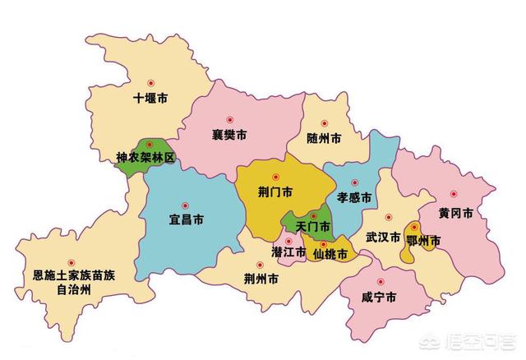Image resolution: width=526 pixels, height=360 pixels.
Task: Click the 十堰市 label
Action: coord(150,99)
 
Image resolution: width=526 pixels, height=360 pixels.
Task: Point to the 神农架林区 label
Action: coord(145,156)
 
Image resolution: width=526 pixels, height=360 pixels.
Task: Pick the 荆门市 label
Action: coord(275,192)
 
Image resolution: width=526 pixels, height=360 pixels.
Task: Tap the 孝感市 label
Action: coord(354,198)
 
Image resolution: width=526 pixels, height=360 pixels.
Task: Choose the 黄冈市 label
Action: coord(455,213)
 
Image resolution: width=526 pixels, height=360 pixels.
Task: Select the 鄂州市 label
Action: coord(425,240)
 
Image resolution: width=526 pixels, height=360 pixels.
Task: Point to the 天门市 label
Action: coord(312,225)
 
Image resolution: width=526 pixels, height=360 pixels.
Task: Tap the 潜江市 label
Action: coord(289,251)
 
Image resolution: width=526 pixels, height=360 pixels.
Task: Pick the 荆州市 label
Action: coord(261,279)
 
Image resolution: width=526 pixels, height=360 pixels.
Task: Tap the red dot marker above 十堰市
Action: coord(150,84)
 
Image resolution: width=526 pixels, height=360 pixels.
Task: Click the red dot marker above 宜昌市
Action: coord(185,205)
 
